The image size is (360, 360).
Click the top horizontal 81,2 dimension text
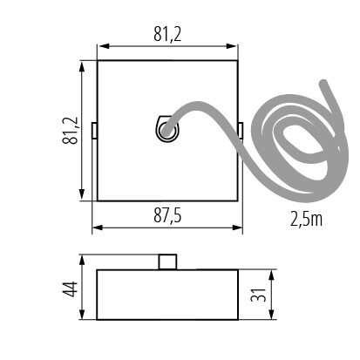point(166,34)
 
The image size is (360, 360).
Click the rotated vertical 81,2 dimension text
point(71,132)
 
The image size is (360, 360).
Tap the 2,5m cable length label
point(306,218)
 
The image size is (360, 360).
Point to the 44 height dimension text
point(71,287)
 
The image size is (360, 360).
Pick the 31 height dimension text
point(259,295)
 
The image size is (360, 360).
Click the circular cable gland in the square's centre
point(166,131)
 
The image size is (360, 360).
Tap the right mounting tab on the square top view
point(240,131)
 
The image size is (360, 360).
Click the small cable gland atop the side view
point(166,262)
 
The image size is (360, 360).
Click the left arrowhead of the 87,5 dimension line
point(96,228)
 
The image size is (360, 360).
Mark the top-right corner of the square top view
point(236,60)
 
